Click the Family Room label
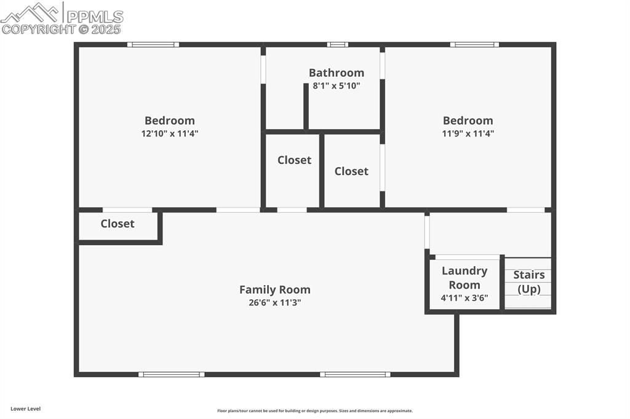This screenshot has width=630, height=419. (x=274, y=289)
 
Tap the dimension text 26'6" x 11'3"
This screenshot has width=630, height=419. (x=274, y=302)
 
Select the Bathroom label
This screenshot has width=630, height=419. (x=336, y=73)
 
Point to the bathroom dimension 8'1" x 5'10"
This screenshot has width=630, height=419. (x=336, y=86)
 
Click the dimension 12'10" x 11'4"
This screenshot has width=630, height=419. (x=170, y=133)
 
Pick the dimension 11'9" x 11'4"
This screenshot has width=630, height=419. (x=468, y=133)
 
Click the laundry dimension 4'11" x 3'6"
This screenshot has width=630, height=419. (x=465, y=298)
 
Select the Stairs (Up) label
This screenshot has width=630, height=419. (x=529, y=282)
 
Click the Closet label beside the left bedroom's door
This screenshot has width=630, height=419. (x=118, y=224)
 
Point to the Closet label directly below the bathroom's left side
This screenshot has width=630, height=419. (x=294, y=160)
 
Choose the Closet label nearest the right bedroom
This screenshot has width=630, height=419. (x=351, y=171)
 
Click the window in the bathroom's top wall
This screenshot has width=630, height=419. (x=337, y=44)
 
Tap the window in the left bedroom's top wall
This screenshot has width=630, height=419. (x=153, y=44)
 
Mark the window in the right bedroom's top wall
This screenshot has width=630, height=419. (x=474, y=44)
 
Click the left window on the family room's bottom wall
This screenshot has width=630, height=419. (x=171, y=374)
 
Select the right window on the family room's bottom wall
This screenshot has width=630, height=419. (x=355, y=374)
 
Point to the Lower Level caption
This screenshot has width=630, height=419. (x=25, y=409)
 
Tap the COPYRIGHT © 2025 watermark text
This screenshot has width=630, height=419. (x=62, y=29)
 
